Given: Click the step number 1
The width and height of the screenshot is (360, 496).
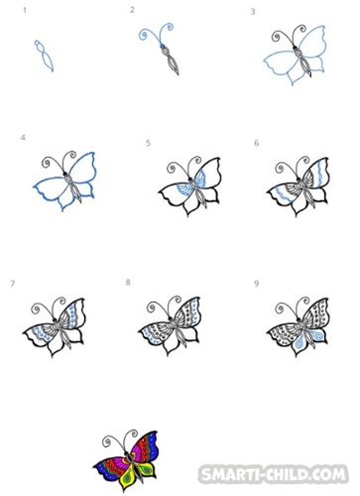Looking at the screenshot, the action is [25, 11].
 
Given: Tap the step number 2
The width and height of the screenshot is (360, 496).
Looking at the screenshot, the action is [132, 10].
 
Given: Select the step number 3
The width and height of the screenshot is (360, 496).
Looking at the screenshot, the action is [253, 12].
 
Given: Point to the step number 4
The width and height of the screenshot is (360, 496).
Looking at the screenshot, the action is [23, 138].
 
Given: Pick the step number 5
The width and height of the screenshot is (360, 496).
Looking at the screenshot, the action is [148, 143].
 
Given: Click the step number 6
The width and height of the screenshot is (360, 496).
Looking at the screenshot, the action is [256, 143].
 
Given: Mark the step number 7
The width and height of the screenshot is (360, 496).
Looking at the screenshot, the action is [13, 284].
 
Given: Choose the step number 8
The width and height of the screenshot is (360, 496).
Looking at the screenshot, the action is [128, 282].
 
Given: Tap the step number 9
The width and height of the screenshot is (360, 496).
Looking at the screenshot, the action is [256, 284].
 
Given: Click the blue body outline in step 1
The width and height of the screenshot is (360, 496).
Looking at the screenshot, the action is [44, 56].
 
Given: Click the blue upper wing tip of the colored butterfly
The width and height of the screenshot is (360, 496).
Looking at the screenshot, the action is [153, 441].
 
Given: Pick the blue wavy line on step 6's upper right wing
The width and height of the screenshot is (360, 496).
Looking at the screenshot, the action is [319, 174].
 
